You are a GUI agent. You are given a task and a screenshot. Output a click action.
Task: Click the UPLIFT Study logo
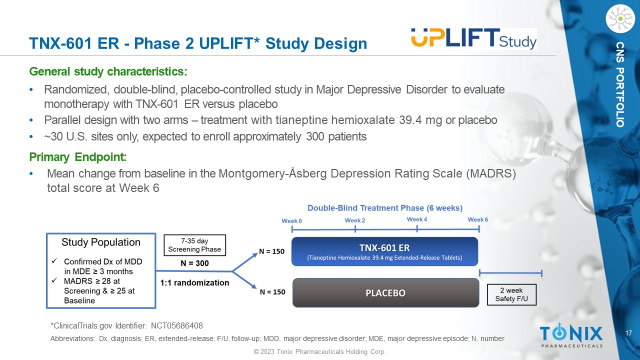click(473, 39)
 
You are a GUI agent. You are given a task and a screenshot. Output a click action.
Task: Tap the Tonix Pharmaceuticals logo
click(571, 335)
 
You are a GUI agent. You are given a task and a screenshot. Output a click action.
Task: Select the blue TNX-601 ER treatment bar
click(384, 251)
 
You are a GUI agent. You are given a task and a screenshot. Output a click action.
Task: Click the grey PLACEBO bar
click(385, 293)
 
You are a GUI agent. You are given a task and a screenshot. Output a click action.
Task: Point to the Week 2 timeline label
click(355, 220)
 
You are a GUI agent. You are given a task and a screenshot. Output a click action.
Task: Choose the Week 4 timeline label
click(417, 219)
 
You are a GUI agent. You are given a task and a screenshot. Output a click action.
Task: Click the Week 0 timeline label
click(291, 221)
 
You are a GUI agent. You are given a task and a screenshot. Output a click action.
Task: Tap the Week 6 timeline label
click(477, 219)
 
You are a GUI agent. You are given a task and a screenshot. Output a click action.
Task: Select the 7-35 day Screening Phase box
click(194, 245)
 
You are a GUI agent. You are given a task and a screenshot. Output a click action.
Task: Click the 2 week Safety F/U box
click(511, 294)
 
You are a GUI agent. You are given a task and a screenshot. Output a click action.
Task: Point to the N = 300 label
click(194, 263)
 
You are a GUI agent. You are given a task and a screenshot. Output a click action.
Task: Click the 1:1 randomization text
click(194, 282)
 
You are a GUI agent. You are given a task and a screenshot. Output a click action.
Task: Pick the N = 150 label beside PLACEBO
click(272, 291)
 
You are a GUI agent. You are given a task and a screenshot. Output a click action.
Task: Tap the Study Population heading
click(101, 242)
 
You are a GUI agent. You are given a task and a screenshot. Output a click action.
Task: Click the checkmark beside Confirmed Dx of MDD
click(54, 261)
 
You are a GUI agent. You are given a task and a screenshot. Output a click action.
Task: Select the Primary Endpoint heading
click(78, 157)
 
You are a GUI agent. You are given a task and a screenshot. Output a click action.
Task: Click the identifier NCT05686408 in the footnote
click(177, 325)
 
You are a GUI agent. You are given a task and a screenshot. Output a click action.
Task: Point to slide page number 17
click(628, 333)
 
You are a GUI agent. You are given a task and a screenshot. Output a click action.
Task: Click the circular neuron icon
click(620, 18)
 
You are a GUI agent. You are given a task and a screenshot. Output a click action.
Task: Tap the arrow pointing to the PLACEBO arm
click(244, 279)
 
